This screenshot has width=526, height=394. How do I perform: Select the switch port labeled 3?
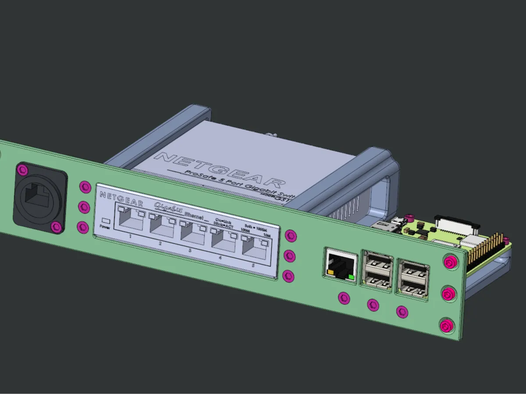coord(192,232)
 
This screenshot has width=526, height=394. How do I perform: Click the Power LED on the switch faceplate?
coord(105,221)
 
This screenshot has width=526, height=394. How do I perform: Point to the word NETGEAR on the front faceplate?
coord(121,198)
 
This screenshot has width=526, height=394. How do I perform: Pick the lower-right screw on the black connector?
coord(56,227)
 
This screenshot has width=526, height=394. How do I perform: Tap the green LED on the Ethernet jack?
coord(351,277)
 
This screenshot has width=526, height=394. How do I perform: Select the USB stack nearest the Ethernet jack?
coord(377,270)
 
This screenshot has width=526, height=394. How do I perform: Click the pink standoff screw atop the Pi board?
coord(409,217)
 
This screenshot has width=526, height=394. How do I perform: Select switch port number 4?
coord(222,239)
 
